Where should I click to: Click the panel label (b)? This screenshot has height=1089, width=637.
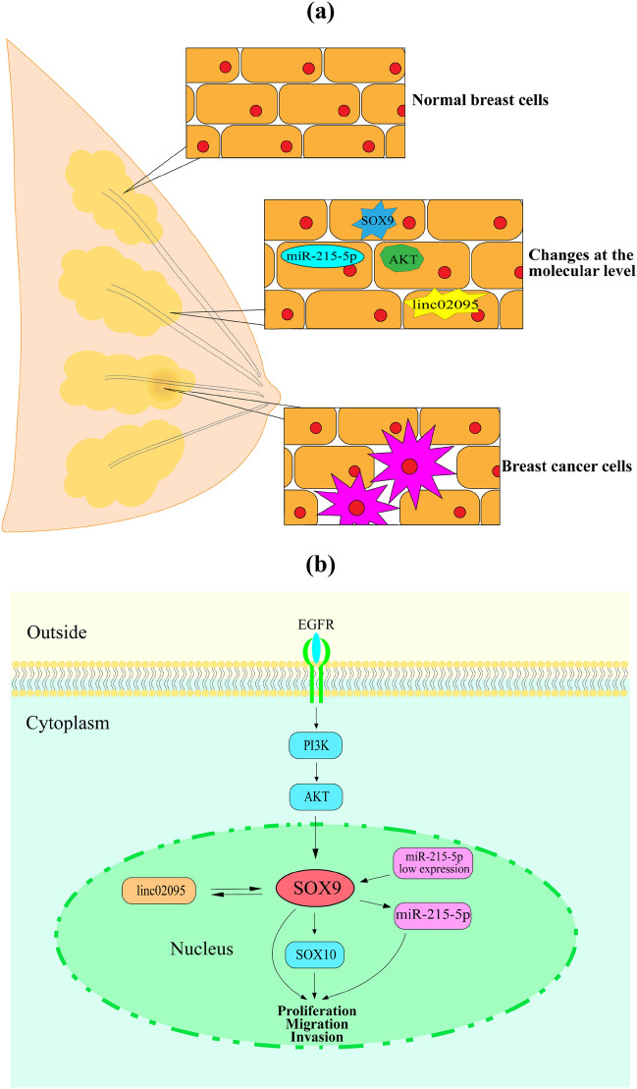point(318,566)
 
